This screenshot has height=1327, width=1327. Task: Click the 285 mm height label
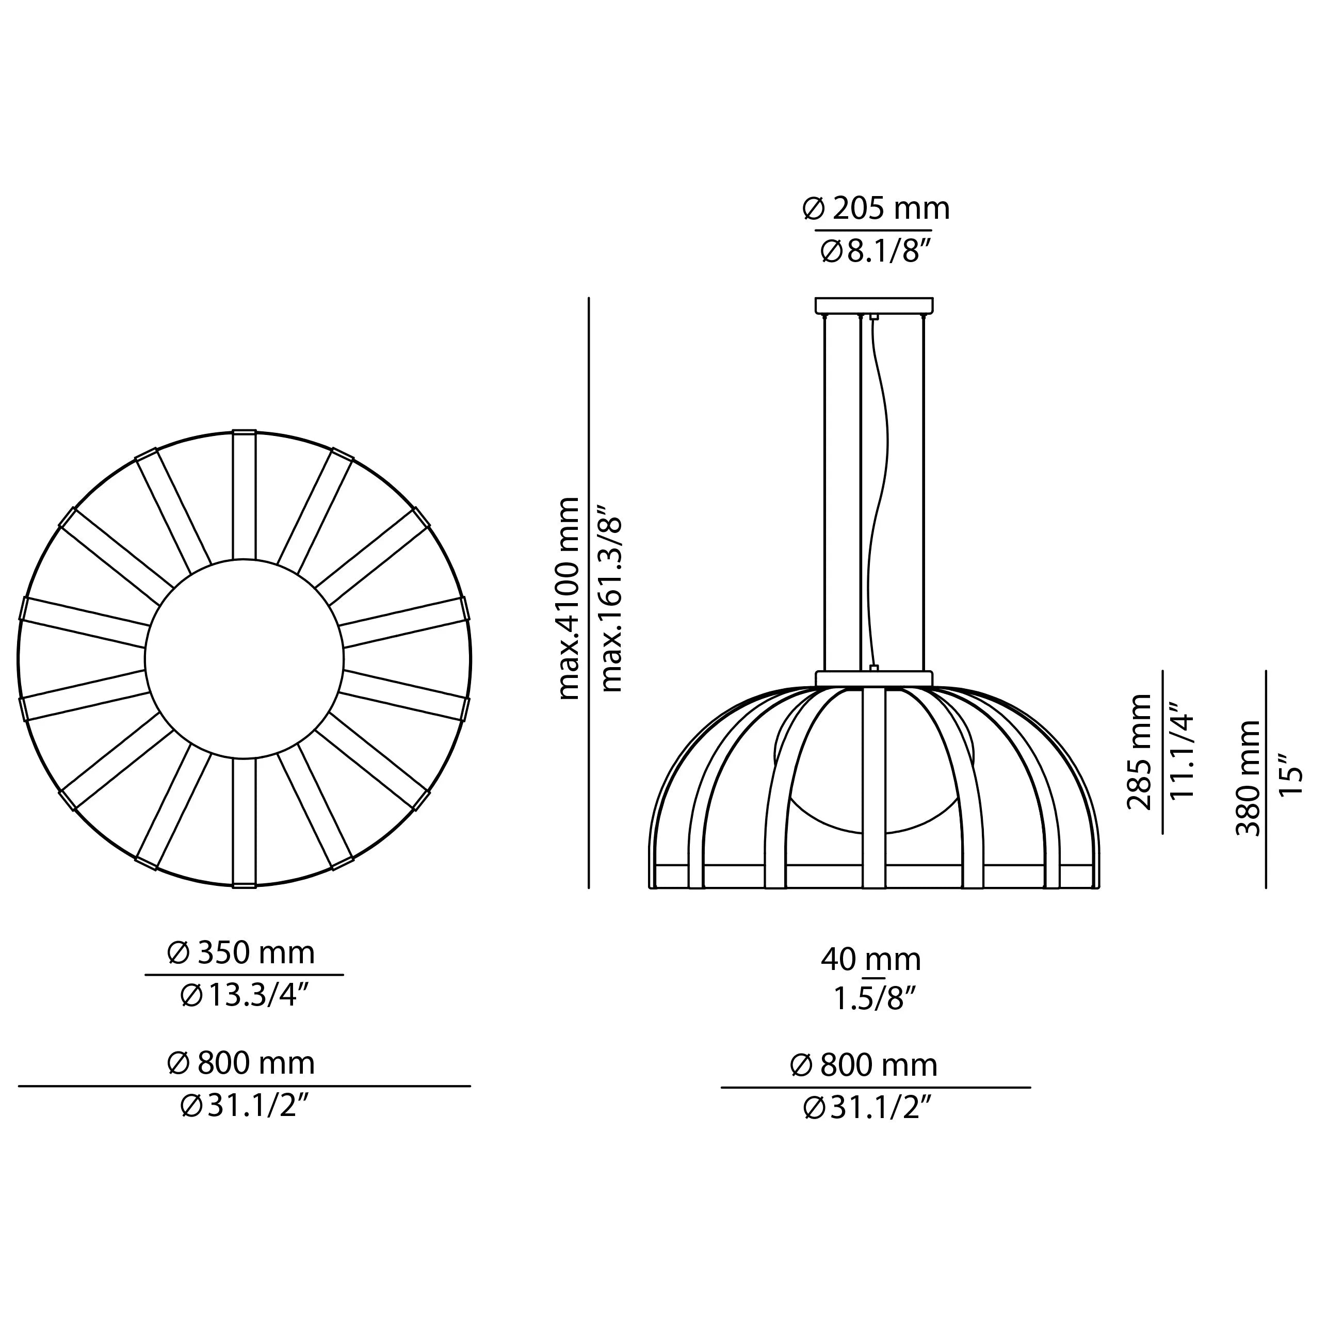1140,752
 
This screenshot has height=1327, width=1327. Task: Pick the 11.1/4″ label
1182,752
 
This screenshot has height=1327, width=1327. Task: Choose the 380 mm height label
1248,778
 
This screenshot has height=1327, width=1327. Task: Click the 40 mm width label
871,960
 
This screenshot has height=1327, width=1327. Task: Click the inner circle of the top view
244,659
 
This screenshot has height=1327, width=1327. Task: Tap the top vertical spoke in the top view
244,495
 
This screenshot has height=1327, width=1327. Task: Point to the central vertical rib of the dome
873,790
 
